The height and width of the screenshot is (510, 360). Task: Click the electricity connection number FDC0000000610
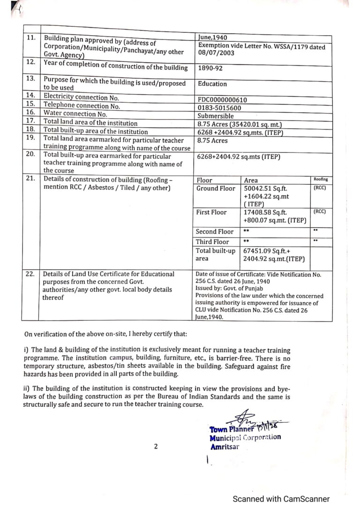click(222, 99)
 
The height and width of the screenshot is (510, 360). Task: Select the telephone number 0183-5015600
click(219, 107)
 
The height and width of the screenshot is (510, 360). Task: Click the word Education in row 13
click(212, 84)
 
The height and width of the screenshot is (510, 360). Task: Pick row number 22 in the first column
click(30, 274)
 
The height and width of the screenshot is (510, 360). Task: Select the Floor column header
click(204, 180)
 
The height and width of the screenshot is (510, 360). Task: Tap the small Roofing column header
click(321, 179)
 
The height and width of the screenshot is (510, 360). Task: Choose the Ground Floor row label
click(216, 189)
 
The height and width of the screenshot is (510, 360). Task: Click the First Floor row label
click(211, 213)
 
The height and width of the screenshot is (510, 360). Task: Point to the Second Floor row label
click(214, 232)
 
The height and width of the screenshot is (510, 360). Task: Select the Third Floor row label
click(212, 242)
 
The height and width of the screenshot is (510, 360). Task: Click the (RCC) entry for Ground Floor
click(319, 188)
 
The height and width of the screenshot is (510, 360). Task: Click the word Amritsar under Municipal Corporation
click(225, 447)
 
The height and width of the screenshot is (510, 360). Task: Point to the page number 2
click(156, 447)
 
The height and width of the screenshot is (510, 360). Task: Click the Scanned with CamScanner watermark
click(281, 499)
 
